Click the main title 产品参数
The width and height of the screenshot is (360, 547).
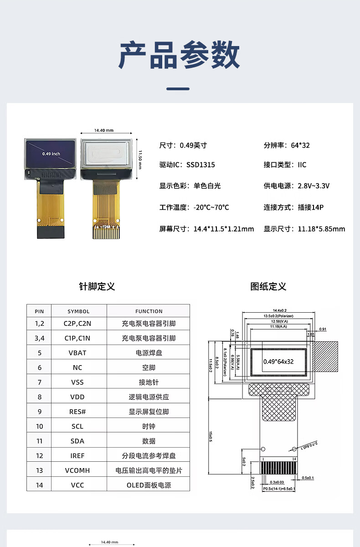click(x=180, y=55)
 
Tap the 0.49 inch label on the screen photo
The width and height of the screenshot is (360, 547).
click(x=51, y=154)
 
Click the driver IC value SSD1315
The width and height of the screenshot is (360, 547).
click(x=201, y=165)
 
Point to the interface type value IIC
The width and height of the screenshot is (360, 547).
click(x=302, y=165)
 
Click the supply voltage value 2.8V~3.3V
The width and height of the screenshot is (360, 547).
click(x=314, y=186)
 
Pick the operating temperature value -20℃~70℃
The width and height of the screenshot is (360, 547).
click(x=211, y=207)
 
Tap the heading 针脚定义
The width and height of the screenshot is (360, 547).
click(x=97, y=286)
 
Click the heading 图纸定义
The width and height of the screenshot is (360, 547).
click(x=268, y=286)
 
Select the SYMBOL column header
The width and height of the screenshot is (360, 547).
click(x=78, y=311)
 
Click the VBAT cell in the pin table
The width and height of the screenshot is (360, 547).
click(x=77, y=353)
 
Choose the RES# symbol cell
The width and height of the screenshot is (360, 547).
click(x=77, y=412)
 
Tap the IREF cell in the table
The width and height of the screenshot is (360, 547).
click(x=77, y=455)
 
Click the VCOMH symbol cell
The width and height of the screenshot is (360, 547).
click(x=77, y=470)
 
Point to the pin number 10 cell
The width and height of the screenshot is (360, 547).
click(x=40, y=426)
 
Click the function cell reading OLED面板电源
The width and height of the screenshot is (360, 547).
click(x=149, y=485)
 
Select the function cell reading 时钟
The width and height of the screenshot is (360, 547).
click(x=149, y=426)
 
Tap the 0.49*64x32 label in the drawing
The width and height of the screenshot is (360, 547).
click(x=278, y=361)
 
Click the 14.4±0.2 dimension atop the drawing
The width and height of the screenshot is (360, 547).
click(x=279, y=310)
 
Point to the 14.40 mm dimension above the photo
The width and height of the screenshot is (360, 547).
click(x=103, y=130)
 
